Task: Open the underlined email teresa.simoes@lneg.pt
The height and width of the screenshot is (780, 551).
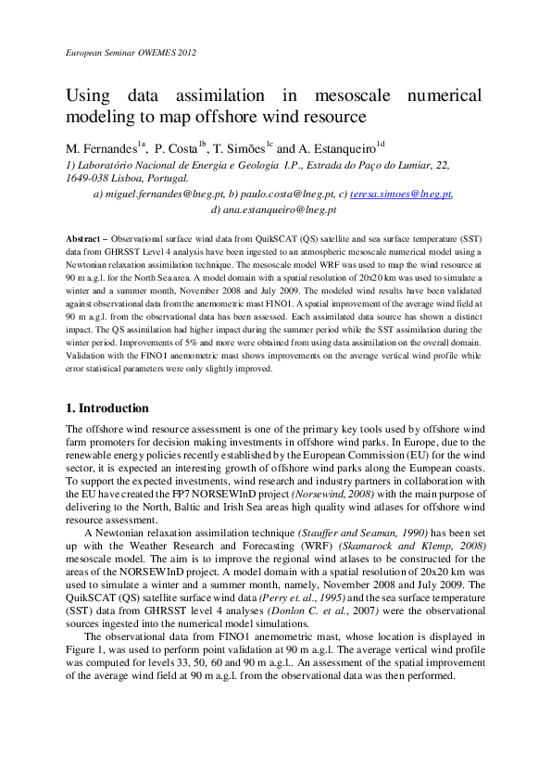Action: coord(399,195)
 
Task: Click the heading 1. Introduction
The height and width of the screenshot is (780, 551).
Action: coord(106,408)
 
